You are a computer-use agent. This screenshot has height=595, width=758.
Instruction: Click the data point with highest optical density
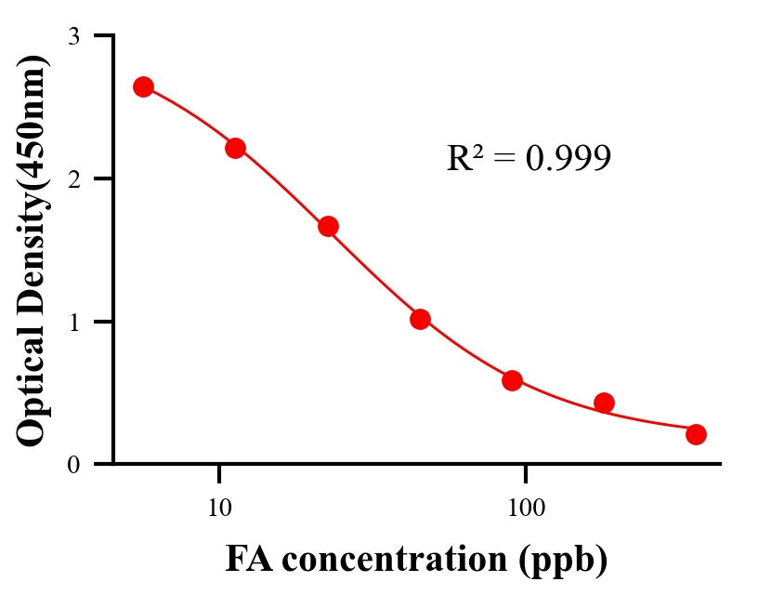[143, 86]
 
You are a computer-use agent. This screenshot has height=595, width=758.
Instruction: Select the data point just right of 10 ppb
[235, 148]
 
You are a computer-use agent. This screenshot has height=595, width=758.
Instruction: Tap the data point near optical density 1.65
[328, 226]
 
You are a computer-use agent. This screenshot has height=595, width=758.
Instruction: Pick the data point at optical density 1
[420, 319]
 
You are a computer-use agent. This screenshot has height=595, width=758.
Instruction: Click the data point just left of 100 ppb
[512, 380]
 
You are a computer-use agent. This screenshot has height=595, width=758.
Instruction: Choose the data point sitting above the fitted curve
[604, 403]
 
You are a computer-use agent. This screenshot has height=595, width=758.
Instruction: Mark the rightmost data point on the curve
[696, 434]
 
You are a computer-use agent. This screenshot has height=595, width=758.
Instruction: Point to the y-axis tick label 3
[73, 36]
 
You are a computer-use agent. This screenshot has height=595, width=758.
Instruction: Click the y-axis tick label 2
[73, 178]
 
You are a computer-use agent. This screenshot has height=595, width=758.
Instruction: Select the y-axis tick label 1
[73, 322]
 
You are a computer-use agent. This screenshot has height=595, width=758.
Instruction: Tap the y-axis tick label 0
[73, 465]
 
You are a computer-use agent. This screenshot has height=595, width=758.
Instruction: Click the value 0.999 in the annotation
[568, 159]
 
